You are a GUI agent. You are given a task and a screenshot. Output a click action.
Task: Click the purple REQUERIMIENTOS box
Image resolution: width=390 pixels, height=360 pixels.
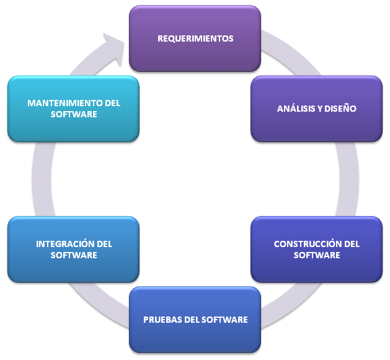(x=195, y=38)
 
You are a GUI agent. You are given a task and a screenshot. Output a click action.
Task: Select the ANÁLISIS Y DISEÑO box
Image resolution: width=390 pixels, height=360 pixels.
(x=316, y=109)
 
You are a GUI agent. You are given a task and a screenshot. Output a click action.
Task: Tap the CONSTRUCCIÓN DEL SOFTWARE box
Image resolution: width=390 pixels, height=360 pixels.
(x=316, y=249)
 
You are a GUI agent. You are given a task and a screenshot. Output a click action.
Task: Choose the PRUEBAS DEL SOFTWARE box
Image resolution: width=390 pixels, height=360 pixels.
(x=195, y=320)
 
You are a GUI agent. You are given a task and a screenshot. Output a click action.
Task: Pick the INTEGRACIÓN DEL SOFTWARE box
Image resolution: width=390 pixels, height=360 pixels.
(x=74, y=249)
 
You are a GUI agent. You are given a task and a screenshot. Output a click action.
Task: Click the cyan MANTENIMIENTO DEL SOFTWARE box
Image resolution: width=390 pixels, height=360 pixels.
(x=74, y=109)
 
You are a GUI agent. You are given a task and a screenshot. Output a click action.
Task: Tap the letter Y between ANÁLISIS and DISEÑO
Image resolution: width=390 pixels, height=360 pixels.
(x=321, y=109)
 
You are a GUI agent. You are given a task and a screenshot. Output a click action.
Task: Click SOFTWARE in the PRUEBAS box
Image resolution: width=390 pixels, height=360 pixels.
(x=226, y=320)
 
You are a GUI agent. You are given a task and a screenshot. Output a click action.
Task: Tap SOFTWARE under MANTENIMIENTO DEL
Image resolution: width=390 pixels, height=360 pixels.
(x=74, y=114)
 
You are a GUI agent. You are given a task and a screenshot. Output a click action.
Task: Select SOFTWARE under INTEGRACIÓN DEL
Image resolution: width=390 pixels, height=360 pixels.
(x=74, y=255)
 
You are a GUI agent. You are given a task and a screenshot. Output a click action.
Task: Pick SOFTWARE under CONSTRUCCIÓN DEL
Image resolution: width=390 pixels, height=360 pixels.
(x=316, y=255)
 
